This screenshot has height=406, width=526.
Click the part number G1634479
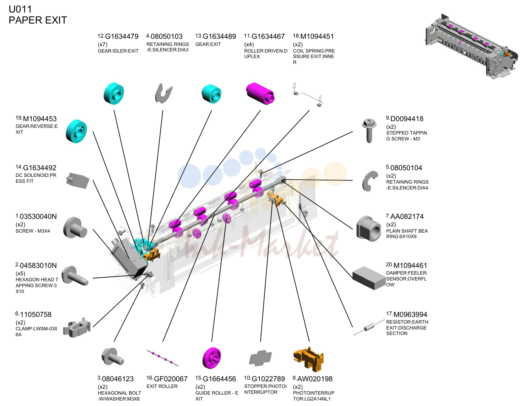[121, 36]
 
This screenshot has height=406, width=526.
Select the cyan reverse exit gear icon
[76, 131]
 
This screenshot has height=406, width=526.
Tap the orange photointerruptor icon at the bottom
[308, 359]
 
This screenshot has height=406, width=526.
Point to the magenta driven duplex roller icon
[260, 94]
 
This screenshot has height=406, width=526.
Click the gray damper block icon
[369, 278]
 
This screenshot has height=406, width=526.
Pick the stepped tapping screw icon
[369, 130]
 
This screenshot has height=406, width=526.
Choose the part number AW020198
[315, 379]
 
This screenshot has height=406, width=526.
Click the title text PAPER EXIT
[38, 20]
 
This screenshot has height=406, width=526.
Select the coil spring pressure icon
[308, 95]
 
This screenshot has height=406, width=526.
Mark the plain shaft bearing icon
[368, 229]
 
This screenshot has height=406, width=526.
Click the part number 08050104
[406, 168]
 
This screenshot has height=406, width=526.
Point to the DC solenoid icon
[78, 180]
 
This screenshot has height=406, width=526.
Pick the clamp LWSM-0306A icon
[77, 327]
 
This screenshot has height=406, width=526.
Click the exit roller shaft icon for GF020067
[163, 358]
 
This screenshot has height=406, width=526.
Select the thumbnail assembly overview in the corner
[472, 46]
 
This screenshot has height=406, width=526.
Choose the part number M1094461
[410, 266]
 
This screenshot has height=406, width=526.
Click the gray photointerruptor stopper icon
[260, 357]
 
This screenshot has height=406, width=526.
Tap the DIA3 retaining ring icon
[163, 93]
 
